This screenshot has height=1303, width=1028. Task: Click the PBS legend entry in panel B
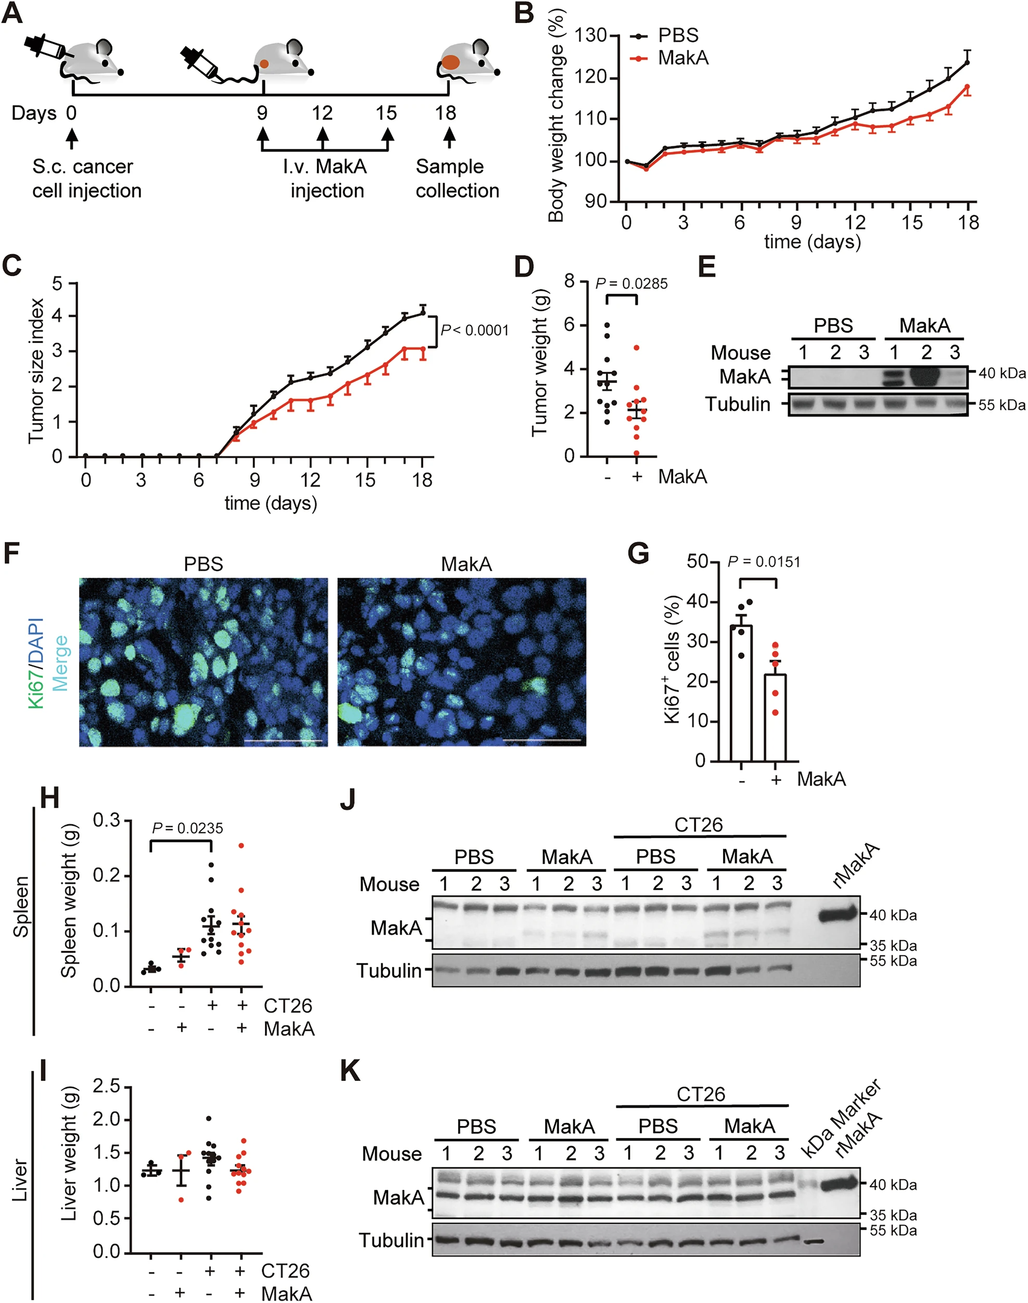[x=678, y=35]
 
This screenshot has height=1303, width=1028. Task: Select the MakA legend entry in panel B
[x=682, y=58]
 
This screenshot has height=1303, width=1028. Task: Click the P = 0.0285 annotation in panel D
[x=631, y=284]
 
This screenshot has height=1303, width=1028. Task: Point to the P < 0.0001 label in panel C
[x=475, y=330]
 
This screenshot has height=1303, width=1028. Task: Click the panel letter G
[x=638, y=552]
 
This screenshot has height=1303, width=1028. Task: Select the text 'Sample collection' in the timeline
[x=457, y=178]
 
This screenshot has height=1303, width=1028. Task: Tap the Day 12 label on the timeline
[x=323, y=112]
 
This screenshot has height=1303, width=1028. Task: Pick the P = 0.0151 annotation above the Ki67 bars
[x=764, y=562]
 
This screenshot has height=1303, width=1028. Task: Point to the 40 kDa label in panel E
[x=1001, y=373]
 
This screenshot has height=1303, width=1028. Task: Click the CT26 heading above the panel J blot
[x=698, y=825]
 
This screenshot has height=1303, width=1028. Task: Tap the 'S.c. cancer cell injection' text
[x=87, y=178]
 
